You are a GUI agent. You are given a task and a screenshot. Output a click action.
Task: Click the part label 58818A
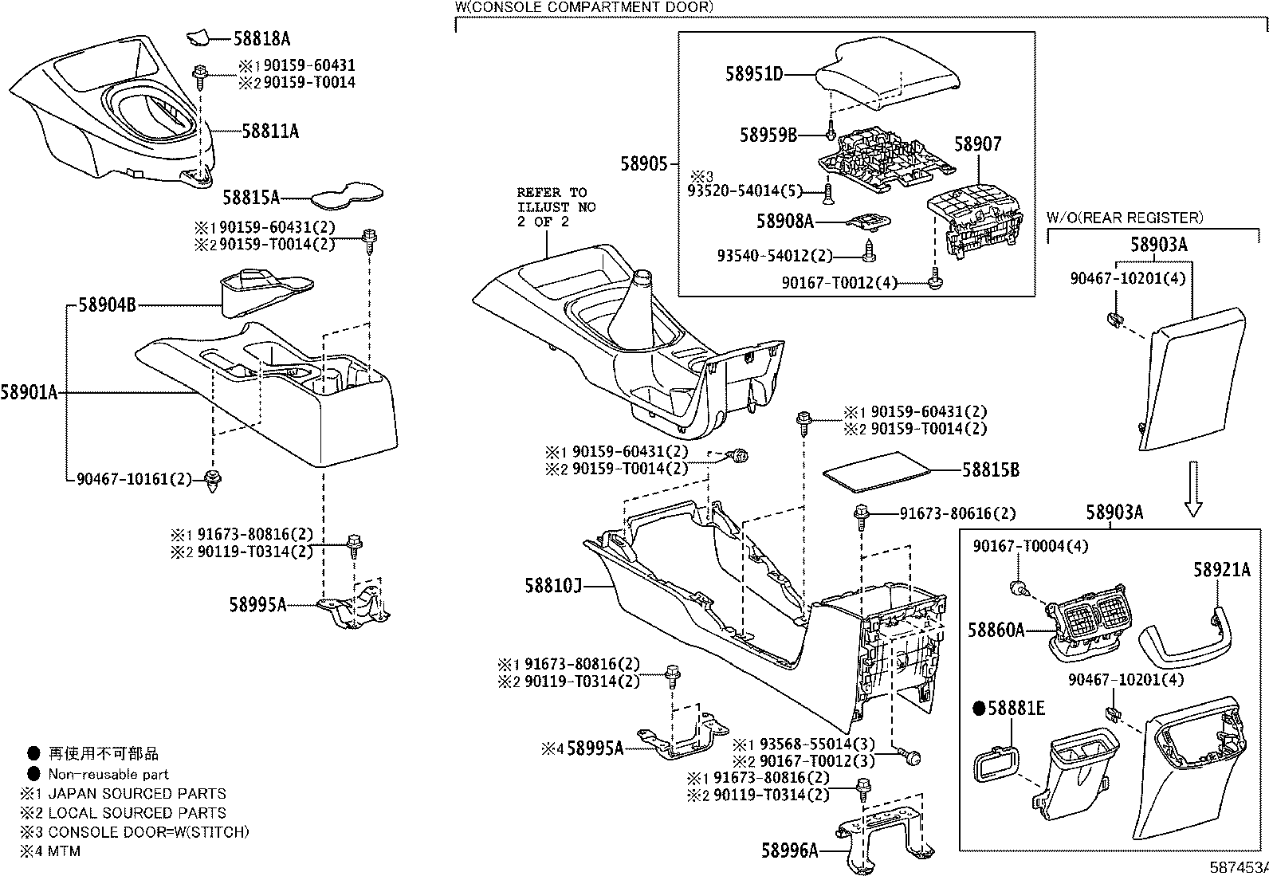pyautogui.click(x=261, y=37)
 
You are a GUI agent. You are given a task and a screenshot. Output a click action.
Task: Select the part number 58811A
pyautogui.click(x=270, y=132)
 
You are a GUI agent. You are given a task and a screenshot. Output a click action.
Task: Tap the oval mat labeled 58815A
pyautogui.click(x=346, y=193)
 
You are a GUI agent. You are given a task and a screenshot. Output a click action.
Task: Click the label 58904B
pyautogui.click(x=107, y=304)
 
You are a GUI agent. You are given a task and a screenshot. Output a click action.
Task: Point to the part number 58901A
pyautogui.click(x=29, y=392)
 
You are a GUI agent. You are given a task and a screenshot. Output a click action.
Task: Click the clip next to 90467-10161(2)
pyautogui.click(x=214, y=481)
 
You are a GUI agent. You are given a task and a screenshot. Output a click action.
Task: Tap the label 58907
pyautogui.click(x=978, y=144)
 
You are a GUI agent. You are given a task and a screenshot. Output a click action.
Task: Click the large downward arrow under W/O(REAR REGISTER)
pyautogui.click(x=1193, y=488)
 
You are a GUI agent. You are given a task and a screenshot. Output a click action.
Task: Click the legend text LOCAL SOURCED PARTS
pyautogui.click(x=137, y=813)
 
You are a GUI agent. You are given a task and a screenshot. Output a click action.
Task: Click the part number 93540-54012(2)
pyautogui.click(x=774, y=256)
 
